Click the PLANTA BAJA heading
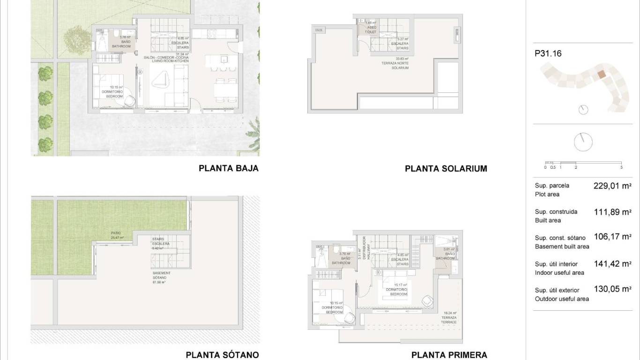coord(229,168)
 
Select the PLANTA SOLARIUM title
coord(446,169)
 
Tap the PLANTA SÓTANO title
coord(222,355)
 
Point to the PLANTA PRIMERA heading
coord(449,355)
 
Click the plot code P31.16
coord(548,53)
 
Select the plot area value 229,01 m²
coord(612,186)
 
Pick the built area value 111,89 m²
coord(612,212)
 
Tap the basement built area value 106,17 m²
coord(612,237)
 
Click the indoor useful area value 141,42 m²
coord(612,264)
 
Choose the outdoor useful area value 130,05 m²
coord(612,289)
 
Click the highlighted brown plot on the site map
coord(602,74)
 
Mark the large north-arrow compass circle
coord(583,142)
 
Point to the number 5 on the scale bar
coord(621,167)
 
